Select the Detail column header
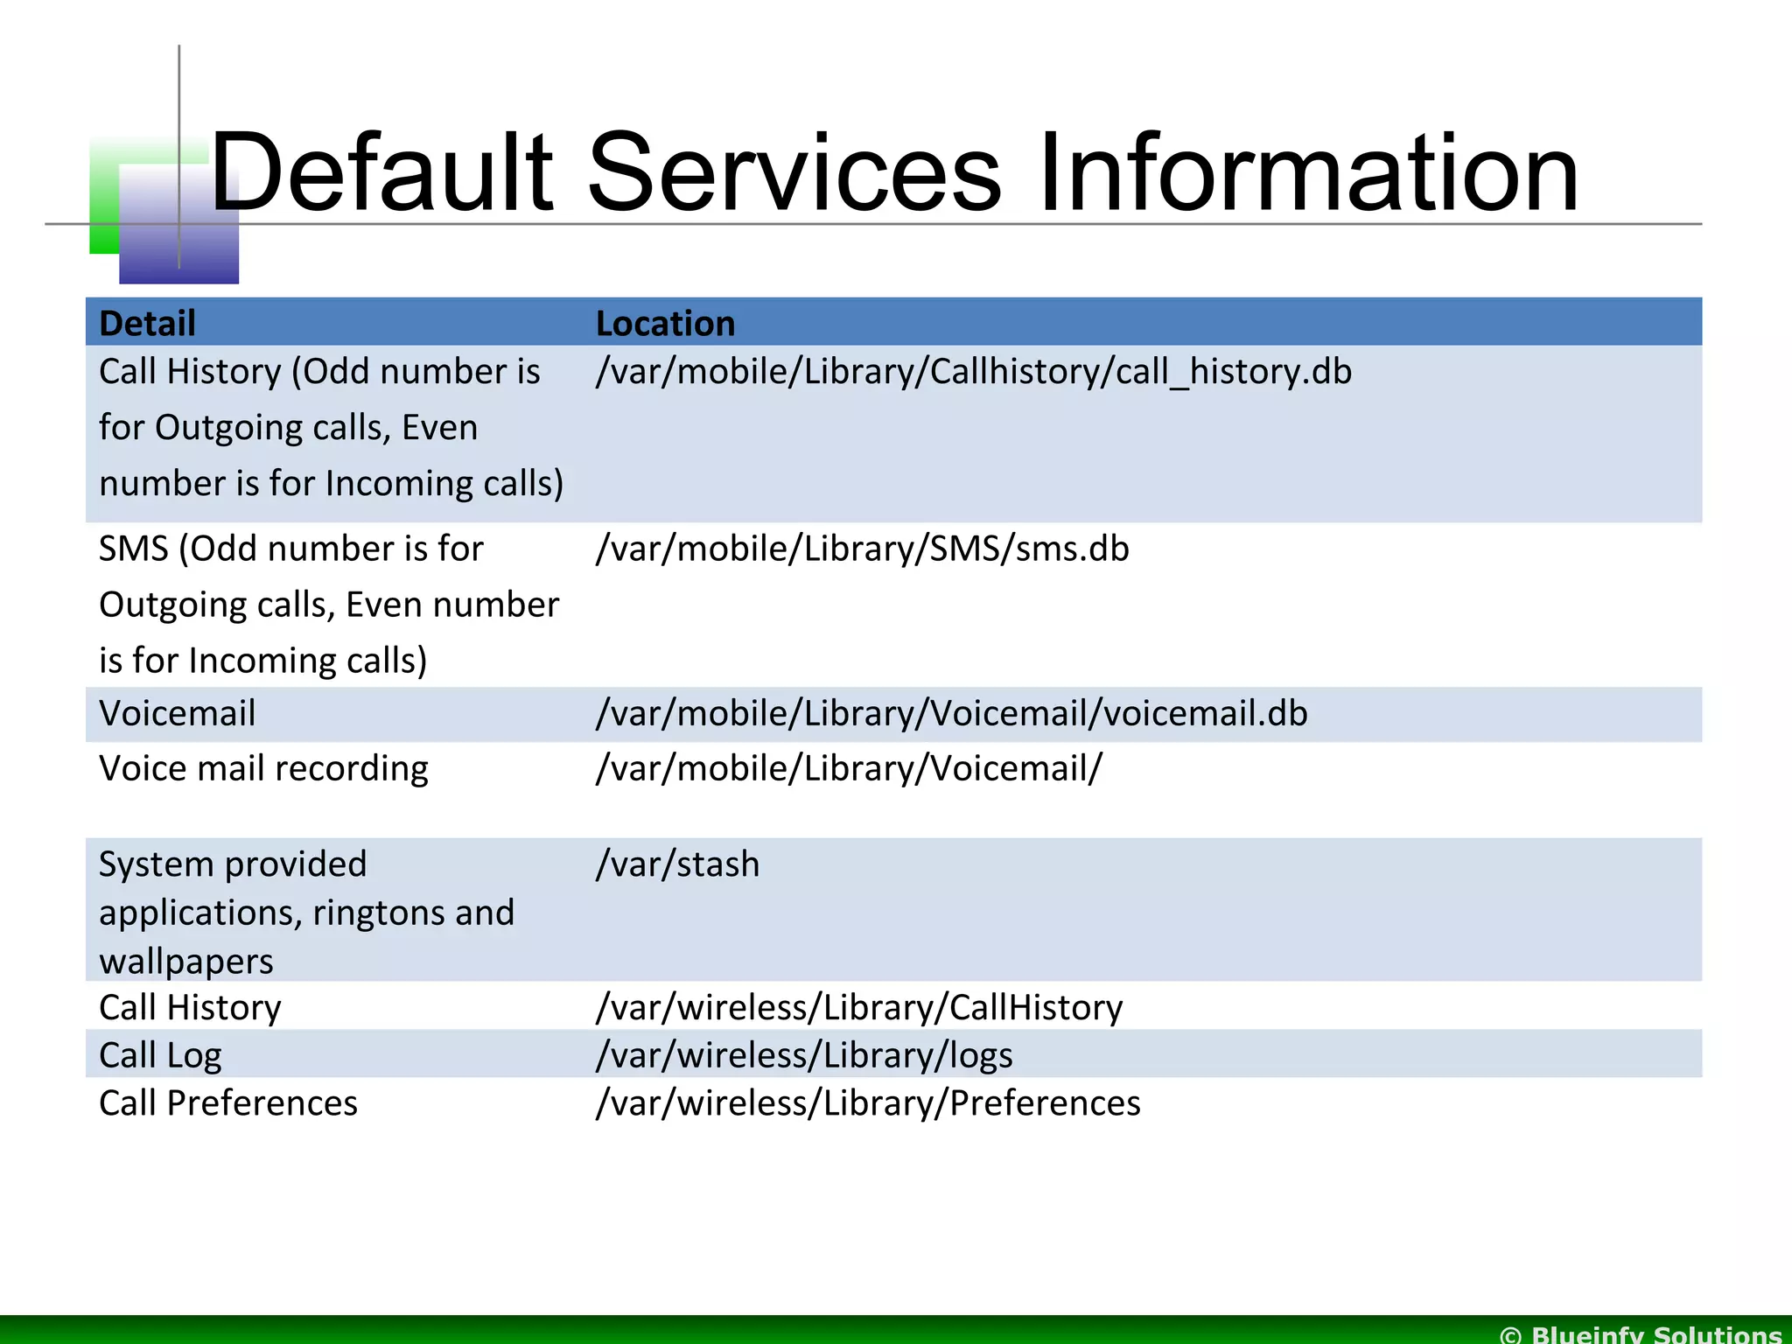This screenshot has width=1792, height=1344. pos(147,324)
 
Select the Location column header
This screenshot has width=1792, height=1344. pos(665,324)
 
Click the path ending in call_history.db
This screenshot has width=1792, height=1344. pos(973,372)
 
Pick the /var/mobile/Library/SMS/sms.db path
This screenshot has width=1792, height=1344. pos(862,549)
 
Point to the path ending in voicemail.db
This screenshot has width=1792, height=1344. pos(951,714)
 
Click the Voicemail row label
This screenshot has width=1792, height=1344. pos(178,714)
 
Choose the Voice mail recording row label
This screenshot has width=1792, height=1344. pos(263,769)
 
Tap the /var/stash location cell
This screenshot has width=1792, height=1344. pos(677,864)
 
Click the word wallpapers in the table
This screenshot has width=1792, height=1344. pos(186,962)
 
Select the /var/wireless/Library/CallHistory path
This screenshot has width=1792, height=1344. pos(858,1008)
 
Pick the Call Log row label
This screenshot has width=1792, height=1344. pos(160,1055)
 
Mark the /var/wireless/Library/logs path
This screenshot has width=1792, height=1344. pos(803,1055)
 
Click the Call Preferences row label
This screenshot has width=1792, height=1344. pos(228,1103)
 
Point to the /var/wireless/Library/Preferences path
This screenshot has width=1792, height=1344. pos(867,1103)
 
